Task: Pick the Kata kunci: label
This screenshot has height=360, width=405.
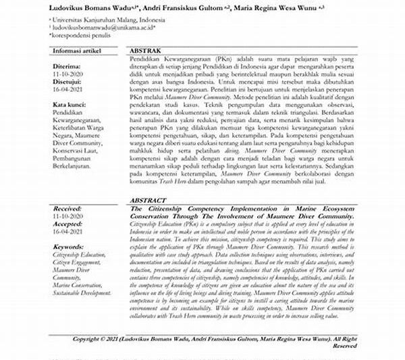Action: pos(70,106)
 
